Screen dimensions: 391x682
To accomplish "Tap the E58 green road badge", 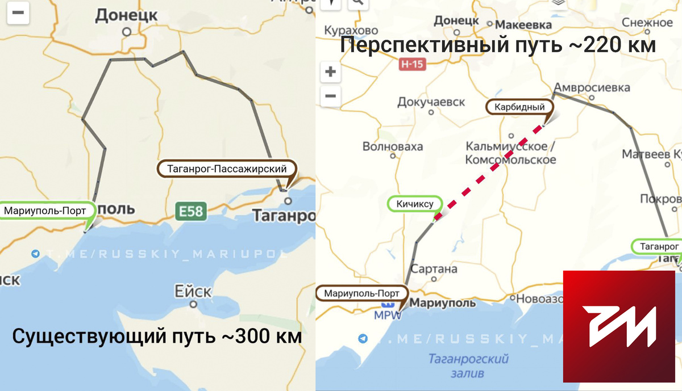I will pyautogui.click(x=189, y=211).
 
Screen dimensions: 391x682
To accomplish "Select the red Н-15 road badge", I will pyautogui.click(x=411, y=65).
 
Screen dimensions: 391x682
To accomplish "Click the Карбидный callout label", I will pyautogui.click(x=519, y=107).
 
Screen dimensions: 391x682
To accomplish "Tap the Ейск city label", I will pyautogui.click(x=193, y=292).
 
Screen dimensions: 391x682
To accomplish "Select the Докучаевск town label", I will pyautogui.click(x=431, y=102).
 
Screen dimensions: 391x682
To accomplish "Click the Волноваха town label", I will pyautogui.click(x=393, y=147).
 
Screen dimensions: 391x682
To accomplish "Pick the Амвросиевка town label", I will pyautogui.click(x=592, y=88).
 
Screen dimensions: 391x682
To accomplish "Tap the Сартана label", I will pyautogui.click(x=434, y=269).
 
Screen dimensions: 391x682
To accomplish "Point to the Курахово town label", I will pyautogui.click(x=351, y=30).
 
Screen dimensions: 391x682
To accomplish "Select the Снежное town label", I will pyautogui.click(x=647, y=23).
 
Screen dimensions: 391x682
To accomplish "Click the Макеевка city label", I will pyautogui.click(x=523, y=25).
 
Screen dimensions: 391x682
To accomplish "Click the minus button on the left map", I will pyautogui.click(x=18, y=14).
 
